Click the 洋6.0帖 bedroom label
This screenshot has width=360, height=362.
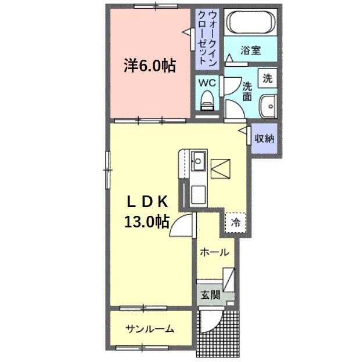(x=149, y=66)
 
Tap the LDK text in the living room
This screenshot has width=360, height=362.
(x=147, y=201)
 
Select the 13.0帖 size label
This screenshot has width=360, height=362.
(x=146, y=221)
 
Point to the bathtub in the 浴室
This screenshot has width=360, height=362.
(x=250, y=23)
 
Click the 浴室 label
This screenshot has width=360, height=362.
(x=250, y=50)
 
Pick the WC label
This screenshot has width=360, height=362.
(x=207, y=82)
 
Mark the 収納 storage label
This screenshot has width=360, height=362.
(x=264, y=139)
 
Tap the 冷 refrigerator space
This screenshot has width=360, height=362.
(x=236, y=222)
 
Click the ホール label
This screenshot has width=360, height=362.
(x=214, y=253)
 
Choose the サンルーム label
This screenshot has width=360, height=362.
(x=150, y=329)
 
